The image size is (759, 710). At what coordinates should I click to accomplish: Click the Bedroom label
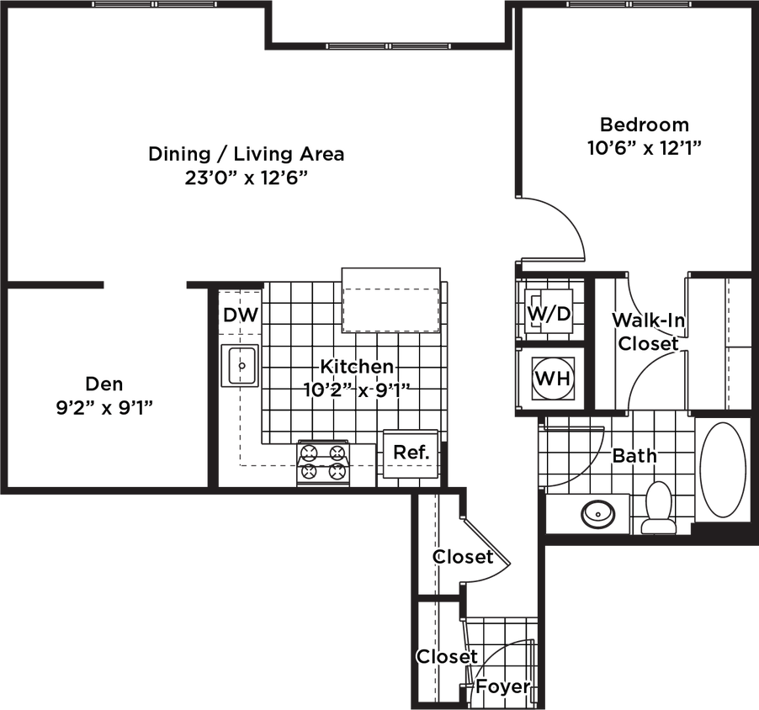645,125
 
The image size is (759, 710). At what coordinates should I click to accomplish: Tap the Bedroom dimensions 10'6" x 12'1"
645,148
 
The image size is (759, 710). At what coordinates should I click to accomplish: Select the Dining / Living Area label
246,155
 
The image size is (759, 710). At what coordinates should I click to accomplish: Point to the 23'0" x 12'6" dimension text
246,178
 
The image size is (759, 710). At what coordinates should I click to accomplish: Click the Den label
104,385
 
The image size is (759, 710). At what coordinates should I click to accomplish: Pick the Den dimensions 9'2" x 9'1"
104,408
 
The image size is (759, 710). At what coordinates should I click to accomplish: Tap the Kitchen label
356,368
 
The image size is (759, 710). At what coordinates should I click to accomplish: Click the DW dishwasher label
241,316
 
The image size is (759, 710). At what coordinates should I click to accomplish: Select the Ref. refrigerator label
411,453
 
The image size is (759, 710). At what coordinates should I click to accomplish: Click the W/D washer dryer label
549,314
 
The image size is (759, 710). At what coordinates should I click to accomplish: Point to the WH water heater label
553,379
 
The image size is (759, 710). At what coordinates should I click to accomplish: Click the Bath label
635,456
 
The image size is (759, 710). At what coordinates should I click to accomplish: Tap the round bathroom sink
598,512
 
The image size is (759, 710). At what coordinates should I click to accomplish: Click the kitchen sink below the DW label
241,367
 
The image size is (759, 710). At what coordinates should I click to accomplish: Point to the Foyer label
502,686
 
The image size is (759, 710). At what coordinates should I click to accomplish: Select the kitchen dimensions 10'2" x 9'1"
356,390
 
